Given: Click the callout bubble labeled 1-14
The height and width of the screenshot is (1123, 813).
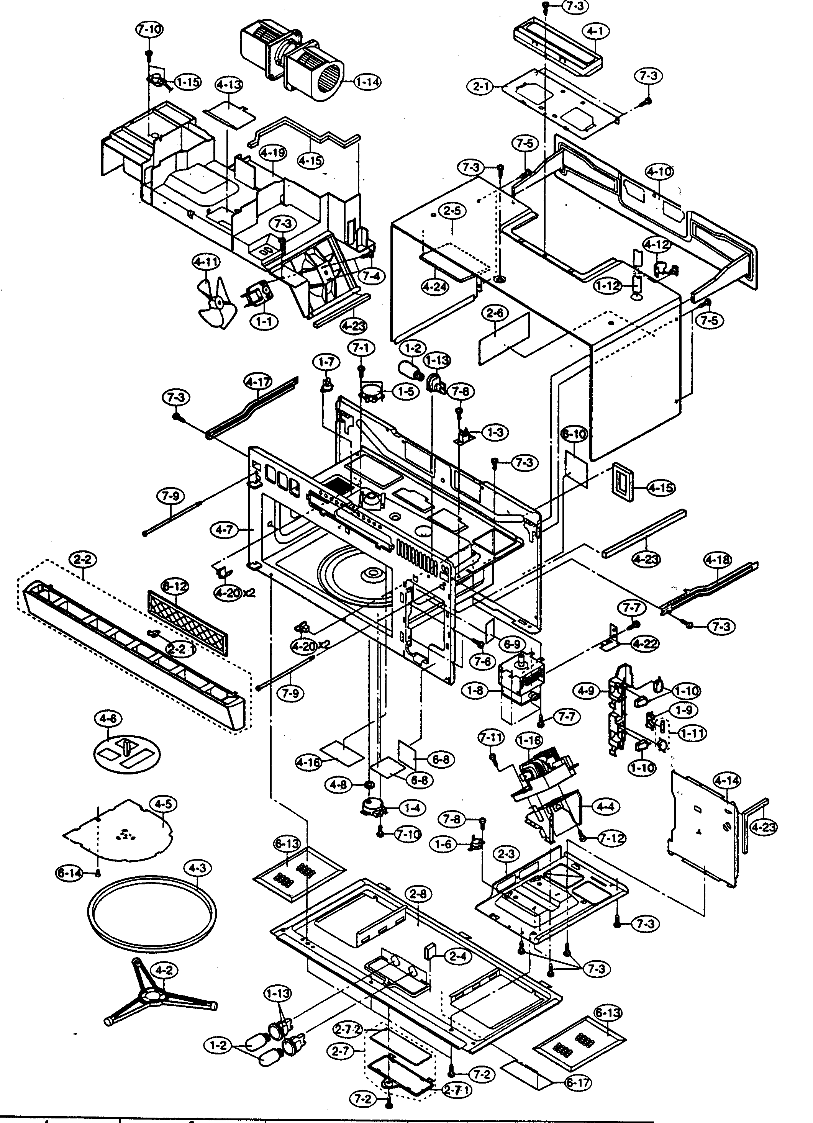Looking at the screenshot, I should click(x=367, y=81).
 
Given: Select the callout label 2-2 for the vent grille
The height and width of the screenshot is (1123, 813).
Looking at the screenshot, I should click(x=83, y=560).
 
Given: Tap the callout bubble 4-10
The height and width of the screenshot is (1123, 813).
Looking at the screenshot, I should click(x=659, y=172).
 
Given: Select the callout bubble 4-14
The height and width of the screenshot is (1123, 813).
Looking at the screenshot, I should click(x=727, y=781).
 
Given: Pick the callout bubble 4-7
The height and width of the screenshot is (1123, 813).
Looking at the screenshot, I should click(x=224, y=530).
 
